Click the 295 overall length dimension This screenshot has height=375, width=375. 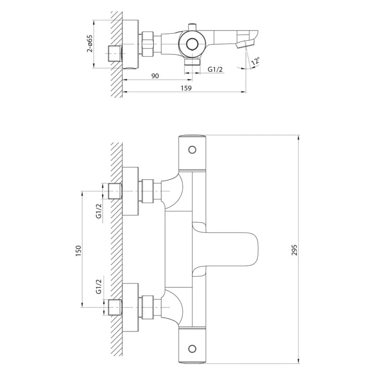[x=294, y=250]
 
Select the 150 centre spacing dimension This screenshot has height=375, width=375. [x=78, y=251]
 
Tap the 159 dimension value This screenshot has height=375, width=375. [x=186, y=88]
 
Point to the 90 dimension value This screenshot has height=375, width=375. [x=155, y=76]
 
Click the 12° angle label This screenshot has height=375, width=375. [x=255, y=61]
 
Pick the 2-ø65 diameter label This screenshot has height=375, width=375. [x=90, y=44]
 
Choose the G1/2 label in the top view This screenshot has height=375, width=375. [x=215, y=69]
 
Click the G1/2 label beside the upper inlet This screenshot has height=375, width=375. [x=99, y=211]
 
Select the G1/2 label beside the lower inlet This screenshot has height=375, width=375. [x=99, y=286]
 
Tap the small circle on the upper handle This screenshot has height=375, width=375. [x=192, y=150]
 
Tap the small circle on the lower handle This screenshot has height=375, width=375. [x=192, y=349]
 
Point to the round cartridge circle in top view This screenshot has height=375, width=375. [x=192, y=44]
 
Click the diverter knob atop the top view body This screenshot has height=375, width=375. [x=192, y=27]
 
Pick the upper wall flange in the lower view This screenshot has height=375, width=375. [x=130, y=191]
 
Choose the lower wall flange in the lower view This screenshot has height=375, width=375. [x=130, y=307]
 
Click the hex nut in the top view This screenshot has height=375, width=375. [x=148, y=44]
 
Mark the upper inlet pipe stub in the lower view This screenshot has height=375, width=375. [x=115, y=191]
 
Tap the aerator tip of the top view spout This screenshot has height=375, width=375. [x=245, y=44]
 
